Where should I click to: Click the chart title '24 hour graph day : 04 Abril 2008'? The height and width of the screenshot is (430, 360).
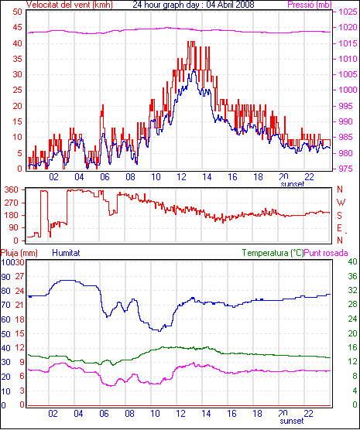point(194,4)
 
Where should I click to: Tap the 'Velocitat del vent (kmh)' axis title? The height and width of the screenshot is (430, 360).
point(69,5)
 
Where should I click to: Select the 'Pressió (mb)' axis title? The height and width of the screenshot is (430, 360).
point(310,5)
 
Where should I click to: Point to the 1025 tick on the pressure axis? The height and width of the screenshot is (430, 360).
point(348,12)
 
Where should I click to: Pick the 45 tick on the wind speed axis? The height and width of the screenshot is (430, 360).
point(17,27)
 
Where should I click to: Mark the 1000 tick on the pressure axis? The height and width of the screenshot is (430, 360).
point(348,90)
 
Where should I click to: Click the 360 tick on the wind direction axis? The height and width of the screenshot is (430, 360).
point(12,189)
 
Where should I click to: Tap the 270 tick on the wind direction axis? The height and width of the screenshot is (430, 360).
point(12,203)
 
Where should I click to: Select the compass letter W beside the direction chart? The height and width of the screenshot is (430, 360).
point(341,203)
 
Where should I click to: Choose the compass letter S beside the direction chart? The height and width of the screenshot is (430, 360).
point(339,216)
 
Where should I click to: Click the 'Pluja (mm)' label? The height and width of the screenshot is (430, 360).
point(19,253)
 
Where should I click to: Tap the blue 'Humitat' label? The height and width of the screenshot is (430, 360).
point(66,253)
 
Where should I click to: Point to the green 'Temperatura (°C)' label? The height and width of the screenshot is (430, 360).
point(273,253)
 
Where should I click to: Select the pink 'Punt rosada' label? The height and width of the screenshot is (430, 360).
point(326,253)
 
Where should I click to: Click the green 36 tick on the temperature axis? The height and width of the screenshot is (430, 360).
point(352,276)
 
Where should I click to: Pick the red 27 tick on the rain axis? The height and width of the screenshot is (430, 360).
point(19,276)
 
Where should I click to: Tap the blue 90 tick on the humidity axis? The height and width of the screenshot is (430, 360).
point(5,277)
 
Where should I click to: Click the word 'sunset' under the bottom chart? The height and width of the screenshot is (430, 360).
point(292,421)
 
